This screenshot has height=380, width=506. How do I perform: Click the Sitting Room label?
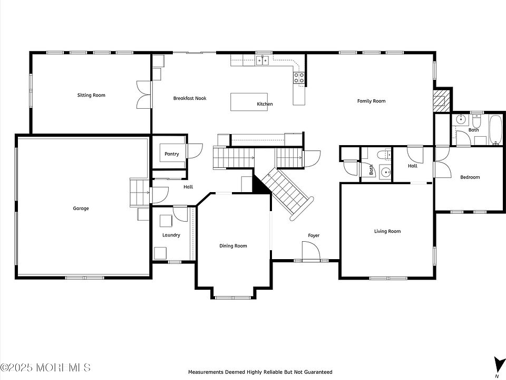[x=91, y=95]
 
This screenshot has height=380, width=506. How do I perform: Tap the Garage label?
[x=81, y=208]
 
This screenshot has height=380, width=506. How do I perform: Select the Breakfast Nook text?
[x=190, y=98]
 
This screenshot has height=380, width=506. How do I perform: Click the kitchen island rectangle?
[x=249, y=102]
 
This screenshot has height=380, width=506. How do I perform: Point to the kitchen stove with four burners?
[x=299, y=78]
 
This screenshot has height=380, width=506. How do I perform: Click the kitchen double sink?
[x=262, y=60]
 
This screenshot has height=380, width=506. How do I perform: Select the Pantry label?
[x=172, y=154]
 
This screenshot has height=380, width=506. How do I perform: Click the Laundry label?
[x=171, y=235]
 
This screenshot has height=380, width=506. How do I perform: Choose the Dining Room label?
[x=233, y=246]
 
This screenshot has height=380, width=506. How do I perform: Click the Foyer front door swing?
[x=311, y=250]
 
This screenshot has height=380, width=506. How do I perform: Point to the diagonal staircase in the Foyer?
[x=287, y=193]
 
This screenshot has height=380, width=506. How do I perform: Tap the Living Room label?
[x=387, y=231]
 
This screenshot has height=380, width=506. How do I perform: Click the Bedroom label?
[x=470, y=177]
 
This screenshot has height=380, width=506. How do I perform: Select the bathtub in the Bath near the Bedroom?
[x=495, y=130]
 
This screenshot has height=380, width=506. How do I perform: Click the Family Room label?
[x=371, y=101]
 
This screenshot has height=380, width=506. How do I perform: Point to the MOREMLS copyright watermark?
[x=45, y=367]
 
